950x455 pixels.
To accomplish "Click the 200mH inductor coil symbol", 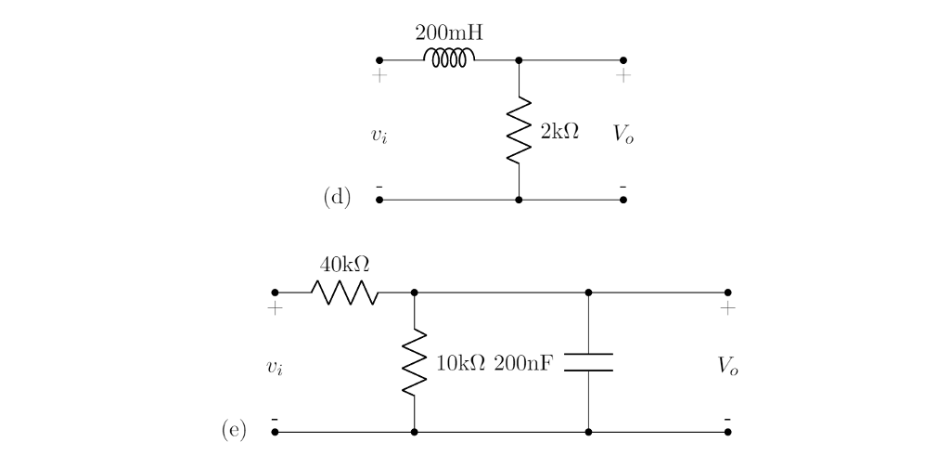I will tap(449, 58).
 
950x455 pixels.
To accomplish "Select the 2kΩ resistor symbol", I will tap(519, 130).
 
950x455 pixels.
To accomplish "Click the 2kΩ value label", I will tap(558, 131).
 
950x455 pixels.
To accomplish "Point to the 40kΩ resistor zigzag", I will tap(344, 292).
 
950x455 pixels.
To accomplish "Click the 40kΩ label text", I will tap(344, 265).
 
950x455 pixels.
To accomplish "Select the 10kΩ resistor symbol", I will tap(414, 362).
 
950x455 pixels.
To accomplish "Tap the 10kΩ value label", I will tap(460, 363).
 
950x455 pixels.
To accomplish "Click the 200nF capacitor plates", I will tap(589, 362).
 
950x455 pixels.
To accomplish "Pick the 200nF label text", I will tap(524, 363).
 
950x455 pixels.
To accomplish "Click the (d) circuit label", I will tap(337, 197).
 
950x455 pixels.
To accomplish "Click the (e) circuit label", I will tap(234, 429).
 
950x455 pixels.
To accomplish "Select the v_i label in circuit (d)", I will tap(379, 136).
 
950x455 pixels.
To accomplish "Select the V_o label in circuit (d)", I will tap(624, 135).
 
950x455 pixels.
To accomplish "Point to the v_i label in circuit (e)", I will tap(275, 368).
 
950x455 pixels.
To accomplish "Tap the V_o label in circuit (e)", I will tap(728, 367).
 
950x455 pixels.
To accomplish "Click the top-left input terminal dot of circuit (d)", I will tap(379, 60).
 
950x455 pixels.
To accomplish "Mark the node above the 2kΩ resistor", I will tap(519, 60).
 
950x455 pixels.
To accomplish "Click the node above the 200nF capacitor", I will tap(589, 292).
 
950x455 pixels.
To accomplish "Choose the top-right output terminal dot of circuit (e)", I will tap(727, 292).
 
